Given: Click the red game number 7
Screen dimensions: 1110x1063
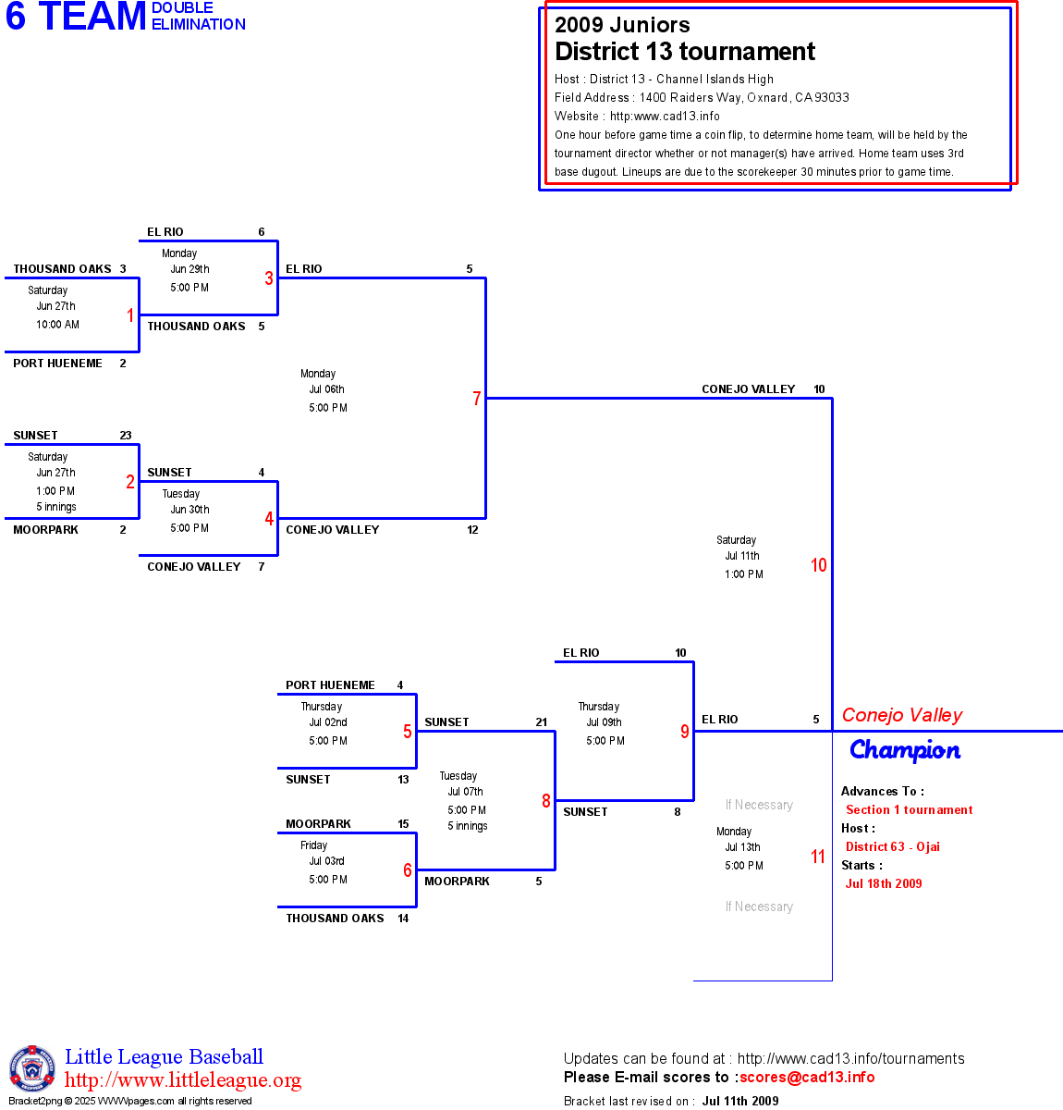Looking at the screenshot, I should coord(477,399).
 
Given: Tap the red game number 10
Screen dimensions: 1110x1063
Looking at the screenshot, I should coord(818,565).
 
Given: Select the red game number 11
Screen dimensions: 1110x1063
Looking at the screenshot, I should coord(818,857).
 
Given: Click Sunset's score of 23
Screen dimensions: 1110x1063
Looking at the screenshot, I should coord(126,436).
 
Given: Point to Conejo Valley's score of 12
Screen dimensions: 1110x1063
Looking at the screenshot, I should coord(472,530).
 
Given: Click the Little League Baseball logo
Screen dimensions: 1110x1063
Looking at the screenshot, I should coord(32,1068).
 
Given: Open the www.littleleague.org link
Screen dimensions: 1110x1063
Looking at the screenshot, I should coord(183,1080).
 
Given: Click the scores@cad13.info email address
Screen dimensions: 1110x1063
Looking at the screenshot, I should coord(807,1077).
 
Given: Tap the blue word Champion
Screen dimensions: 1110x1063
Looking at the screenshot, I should coord(905,750).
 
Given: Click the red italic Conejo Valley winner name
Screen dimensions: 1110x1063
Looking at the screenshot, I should coord(902,715).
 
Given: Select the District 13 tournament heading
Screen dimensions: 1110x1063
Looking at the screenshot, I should coord(685,52).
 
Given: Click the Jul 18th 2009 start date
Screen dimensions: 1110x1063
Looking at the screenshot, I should coord(884,883).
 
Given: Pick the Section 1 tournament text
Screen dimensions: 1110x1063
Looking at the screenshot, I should coord(909,809).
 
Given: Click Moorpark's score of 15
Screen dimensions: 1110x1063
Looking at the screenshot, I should coord(403,824).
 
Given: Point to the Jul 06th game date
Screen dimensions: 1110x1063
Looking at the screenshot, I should coord(326,389).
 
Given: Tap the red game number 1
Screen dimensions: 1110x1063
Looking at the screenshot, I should coord(130,315).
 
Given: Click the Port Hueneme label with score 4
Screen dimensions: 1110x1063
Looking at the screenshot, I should coord(330,685).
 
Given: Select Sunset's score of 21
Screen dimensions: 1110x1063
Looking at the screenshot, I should coord(541,722).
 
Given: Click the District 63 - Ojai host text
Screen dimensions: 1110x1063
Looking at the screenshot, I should coord(892,846).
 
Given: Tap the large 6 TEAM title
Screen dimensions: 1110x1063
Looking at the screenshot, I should coord(76,17).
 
